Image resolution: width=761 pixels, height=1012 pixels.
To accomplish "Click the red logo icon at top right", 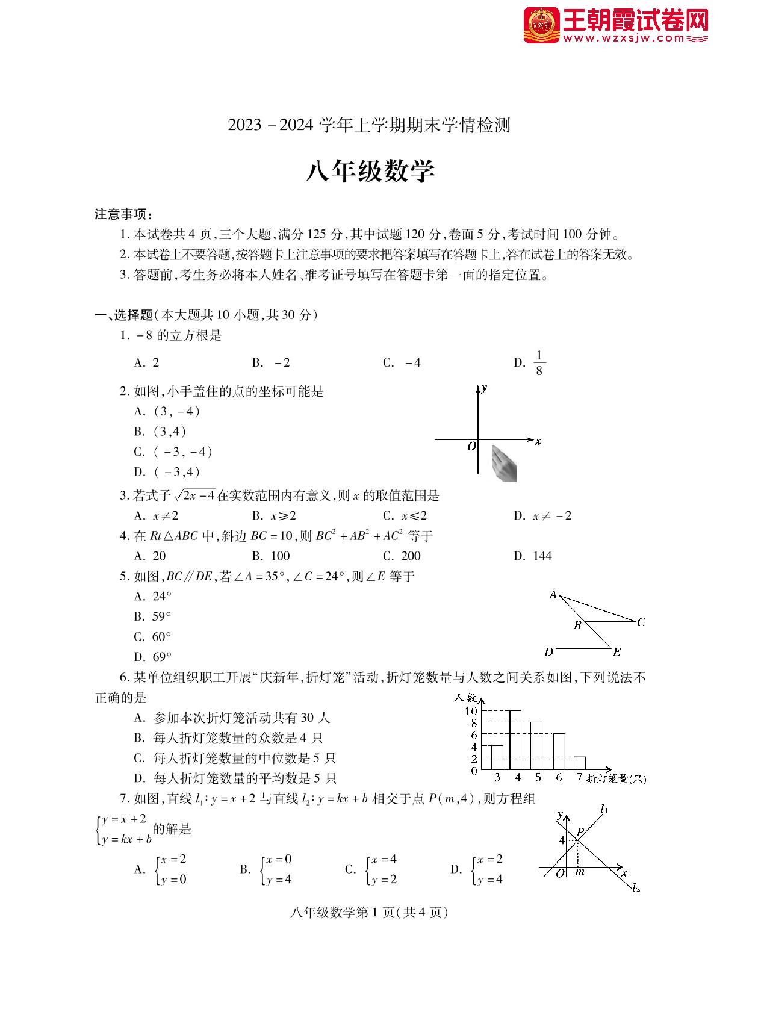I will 541,25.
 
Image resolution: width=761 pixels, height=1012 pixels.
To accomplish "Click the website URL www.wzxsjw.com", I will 624,39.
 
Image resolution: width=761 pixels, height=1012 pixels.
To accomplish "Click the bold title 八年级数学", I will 370,171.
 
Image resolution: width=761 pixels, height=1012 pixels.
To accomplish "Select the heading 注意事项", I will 123,214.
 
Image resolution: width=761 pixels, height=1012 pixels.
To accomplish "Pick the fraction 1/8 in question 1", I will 539,363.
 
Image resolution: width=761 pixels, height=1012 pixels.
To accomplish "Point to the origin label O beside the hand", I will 472,447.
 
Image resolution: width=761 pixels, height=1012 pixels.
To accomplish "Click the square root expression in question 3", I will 195,495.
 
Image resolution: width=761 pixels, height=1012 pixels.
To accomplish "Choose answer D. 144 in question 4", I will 533,556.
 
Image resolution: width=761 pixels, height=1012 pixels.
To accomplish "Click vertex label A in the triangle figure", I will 553,595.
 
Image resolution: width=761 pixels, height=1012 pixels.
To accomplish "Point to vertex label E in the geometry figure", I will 617,652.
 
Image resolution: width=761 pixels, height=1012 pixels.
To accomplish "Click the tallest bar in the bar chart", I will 515,740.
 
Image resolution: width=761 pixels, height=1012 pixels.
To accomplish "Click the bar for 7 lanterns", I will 579,763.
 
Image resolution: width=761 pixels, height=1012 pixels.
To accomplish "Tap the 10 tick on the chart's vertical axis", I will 471,711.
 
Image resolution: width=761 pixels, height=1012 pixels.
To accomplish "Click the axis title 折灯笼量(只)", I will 616,778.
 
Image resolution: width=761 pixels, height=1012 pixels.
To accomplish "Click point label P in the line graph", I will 580,832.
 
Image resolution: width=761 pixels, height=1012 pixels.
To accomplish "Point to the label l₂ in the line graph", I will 636,887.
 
